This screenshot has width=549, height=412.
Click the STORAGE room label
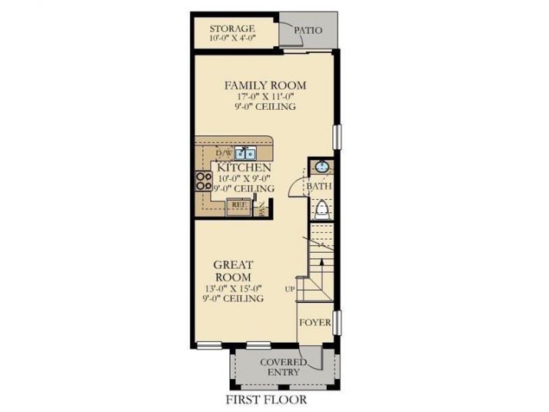232,28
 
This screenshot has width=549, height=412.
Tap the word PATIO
308,31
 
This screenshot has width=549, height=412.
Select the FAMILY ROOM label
265,85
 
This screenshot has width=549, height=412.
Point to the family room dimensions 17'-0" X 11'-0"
265,97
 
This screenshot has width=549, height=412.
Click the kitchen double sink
246,153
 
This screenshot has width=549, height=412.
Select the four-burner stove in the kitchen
204,181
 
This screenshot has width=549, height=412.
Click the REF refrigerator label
239,204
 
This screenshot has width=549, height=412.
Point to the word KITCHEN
244,167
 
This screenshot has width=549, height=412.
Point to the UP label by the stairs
289,288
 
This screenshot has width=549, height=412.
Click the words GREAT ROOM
234,270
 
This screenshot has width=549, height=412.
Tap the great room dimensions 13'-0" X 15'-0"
234,288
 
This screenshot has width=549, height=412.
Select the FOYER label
315,323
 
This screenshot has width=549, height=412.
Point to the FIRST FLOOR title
266,400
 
